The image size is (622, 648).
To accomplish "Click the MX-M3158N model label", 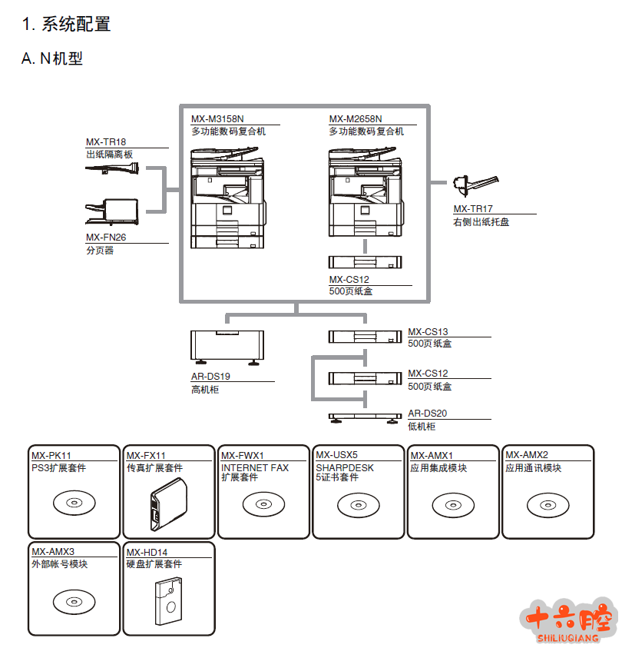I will [217, 119].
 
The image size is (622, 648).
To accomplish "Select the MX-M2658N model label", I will [356, 119].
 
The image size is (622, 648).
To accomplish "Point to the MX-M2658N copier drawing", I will [365, 192].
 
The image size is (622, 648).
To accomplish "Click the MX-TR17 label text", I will [473, 209].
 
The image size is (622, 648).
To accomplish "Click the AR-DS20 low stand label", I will [427, 414].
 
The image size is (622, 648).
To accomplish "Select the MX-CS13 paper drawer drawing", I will [365, 336].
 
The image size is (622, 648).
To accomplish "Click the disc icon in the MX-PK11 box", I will [74, 504].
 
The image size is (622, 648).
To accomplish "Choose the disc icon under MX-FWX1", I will [263, 504].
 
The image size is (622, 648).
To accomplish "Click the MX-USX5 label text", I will [336, 455].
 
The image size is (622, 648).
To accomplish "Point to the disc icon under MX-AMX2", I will [548, 504].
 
